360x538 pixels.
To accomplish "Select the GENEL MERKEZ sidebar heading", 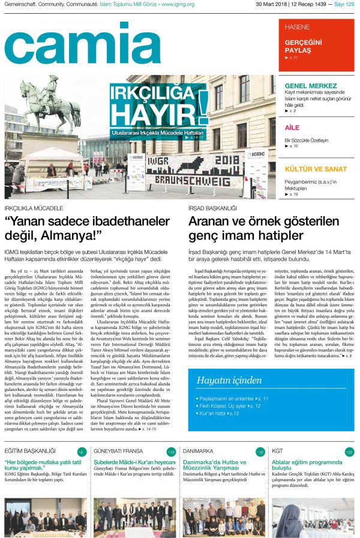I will click(311, 85).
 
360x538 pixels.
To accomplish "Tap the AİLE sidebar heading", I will click(292, 127).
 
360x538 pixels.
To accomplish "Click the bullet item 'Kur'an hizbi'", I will click(219, 414).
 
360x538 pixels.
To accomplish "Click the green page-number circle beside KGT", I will click(349, 451).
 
